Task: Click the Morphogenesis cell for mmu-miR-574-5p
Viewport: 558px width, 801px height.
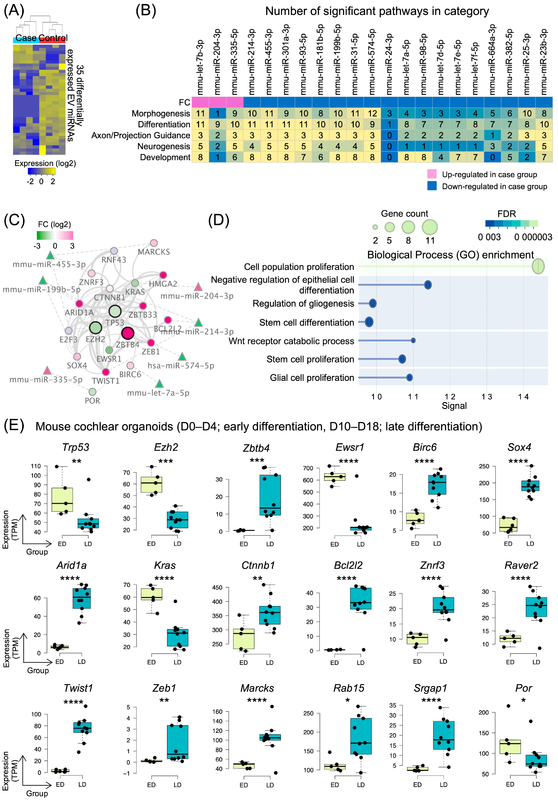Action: pyautogui.click(x=372, y=113)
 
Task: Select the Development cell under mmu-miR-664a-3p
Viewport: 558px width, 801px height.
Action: pyautogui.click(x=492, y=157)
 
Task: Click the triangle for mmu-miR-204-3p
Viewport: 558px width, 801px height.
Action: pyautogui.click(x=198, y=287)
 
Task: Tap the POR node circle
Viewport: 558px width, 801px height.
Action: pyautogui.click(x=92, y=392)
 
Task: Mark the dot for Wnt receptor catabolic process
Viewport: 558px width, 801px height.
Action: pyautogui.click(x=413, y=340)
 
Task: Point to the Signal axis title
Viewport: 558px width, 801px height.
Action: pyautogui.click(x=454, y=406)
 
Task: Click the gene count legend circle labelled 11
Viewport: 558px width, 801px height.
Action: pyautogui.click(x=430, y=227)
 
